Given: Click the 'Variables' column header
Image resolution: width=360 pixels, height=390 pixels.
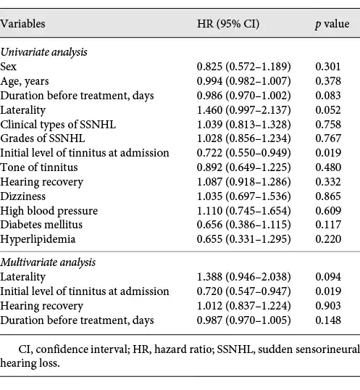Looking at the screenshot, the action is [x=22, y=24].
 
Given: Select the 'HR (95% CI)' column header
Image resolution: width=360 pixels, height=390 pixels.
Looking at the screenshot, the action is [x=228, y=24].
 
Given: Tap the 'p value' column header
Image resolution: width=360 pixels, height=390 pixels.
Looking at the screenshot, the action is [x=332, y=25].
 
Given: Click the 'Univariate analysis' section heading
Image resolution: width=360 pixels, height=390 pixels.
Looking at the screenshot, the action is [x=43, y=52].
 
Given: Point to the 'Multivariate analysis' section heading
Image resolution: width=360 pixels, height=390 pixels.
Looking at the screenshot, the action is [x=48, y=262].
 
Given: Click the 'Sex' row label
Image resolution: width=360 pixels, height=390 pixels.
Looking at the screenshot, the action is [x=8, y=67].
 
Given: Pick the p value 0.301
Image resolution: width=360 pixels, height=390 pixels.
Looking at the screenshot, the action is [x=328, y=67].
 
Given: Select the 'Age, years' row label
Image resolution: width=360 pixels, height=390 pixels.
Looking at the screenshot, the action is [x=25, y=82].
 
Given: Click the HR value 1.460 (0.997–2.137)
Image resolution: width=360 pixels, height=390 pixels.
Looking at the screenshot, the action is [x=243, y=110].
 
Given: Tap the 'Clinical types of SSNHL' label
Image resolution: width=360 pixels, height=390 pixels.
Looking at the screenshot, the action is [x=58, y=125].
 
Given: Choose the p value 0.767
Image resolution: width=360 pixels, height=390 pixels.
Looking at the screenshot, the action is [x=328, y=138].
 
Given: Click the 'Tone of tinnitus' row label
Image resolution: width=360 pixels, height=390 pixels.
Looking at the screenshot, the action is [x=39, y=167].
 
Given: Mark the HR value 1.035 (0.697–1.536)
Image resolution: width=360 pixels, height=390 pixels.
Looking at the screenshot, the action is [x=243, y=196].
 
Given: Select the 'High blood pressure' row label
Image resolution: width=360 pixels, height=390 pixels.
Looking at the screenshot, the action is [x=49, y=211].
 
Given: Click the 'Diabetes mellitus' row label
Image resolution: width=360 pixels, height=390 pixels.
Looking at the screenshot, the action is [x=41, y=225].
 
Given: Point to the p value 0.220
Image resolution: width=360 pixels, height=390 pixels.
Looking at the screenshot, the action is [x=328, y=239].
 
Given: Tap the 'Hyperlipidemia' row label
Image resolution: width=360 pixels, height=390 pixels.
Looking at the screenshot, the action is [x=38, y=239].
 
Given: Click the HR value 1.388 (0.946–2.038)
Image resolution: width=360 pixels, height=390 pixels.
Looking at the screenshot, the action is [x=243, y=277].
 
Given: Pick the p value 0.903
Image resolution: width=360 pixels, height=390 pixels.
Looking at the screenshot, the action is [x=328, y=306].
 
